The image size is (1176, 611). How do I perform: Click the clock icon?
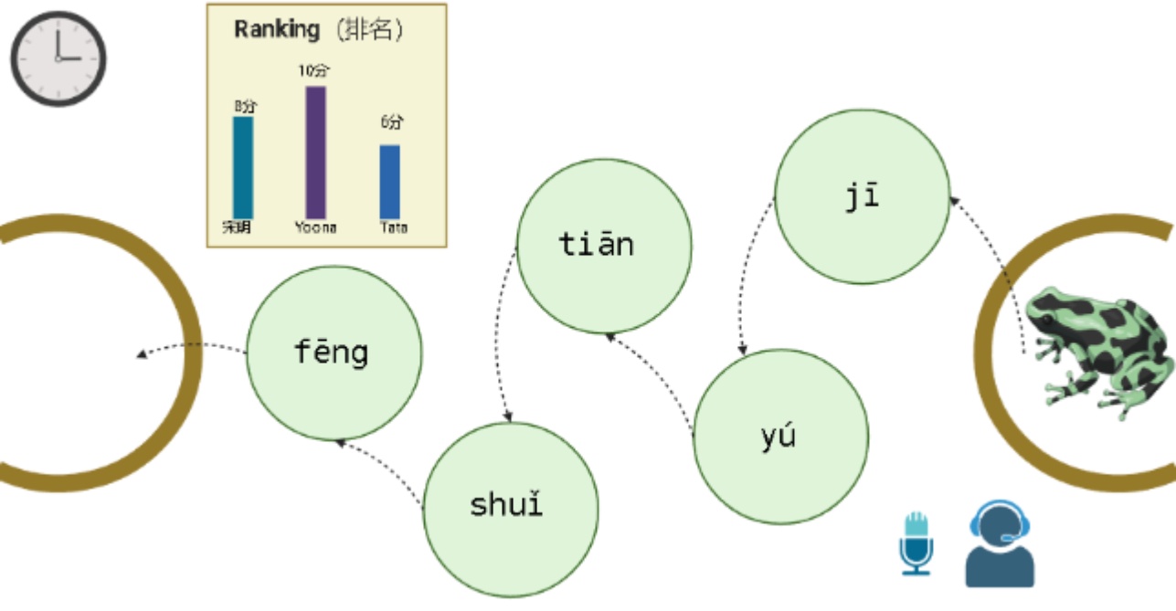coord(58,58)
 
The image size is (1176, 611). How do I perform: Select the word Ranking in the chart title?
coord(276,29)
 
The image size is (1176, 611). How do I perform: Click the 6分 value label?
coord(391,123)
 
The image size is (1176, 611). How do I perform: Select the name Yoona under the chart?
coord(315,227)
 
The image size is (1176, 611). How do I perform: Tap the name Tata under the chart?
coord(394,227)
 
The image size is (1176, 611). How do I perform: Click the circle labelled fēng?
coord(334,353)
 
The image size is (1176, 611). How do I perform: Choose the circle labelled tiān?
coord(604,246)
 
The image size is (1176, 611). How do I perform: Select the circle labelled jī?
coord(862,196)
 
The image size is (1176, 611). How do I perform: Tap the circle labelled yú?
coord(780,436)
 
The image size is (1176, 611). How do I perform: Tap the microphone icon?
coord(916,543)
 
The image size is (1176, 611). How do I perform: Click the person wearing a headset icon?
coord(1000,544)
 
